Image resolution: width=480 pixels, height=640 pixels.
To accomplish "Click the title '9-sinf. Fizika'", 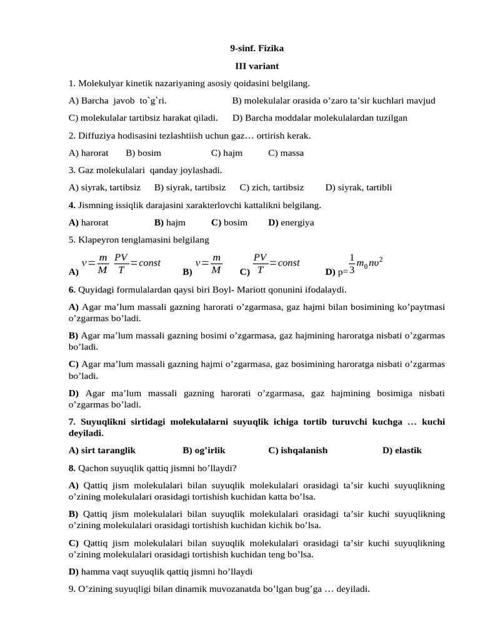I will [257, 47].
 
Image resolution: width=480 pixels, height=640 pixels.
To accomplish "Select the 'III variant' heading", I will [257, 65].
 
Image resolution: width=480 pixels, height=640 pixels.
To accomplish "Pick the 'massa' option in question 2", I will [286, 152].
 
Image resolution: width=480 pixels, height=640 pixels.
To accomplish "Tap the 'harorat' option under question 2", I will [94, 152].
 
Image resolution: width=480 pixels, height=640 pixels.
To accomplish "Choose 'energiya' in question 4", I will [297, 222].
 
